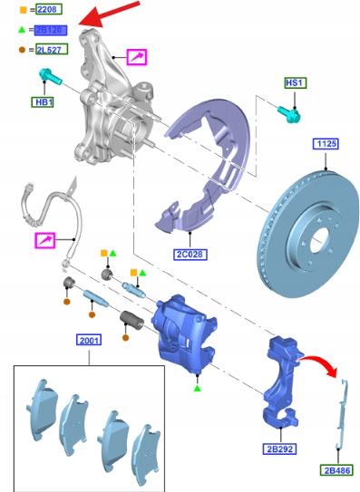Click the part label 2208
click(49, 9)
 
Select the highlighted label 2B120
click(50, 30)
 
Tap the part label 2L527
click(52, 49)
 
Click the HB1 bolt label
click(43, 102)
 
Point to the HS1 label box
click(296, 82)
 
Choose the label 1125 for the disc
click(326, 144)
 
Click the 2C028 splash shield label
click(190, 255)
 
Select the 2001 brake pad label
click(89, 340)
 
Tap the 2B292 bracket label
click(279, 449)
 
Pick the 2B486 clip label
click(336, 470)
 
